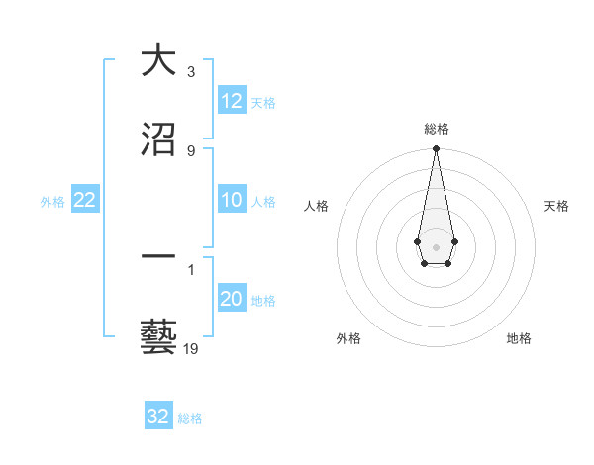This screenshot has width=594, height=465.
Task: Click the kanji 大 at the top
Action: point(158,61)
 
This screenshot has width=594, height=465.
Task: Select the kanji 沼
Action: point(158,139)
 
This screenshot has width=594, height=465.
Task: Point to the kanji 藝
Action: point(158,337)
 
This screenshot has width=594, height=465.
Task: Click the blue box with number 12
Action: point(232,101)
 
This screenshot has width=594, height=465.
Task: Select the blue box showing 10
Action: point(232,200)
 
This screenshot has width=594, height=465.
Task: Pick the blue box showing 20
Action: point(232,299)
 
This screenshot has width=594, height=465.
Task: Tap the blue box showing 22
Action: point(85,200)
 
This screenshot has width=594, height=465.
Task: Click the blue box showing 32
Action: point(158,417)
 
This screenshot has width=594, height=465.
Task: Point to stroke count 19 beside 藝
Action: point(191,348)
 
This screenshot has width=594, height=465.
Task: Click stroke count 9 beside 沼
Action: point(191,150)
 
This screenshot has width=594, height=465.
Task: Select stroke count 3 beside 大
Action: point(191,72)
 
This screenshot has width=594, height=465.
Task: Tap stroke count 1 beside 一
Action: point(191,268)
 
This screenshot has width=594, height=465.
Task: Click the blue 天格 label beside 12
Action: point(263,103)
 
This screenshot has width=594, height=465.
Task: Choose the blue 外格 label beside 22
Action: point(52,202)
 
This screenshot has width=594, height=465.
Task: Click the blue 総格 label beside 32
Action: point(190,418)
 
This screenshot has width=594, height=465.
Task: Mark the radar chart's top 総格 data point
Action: point(436,149)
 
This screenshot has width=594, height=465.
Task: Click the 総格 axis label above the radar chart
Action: point(436,129)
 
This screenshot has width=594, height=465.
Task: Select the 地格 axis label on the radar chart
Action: point(519,338)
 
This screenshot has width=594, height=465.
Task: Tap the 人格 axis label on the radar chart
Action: point(317,206)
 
